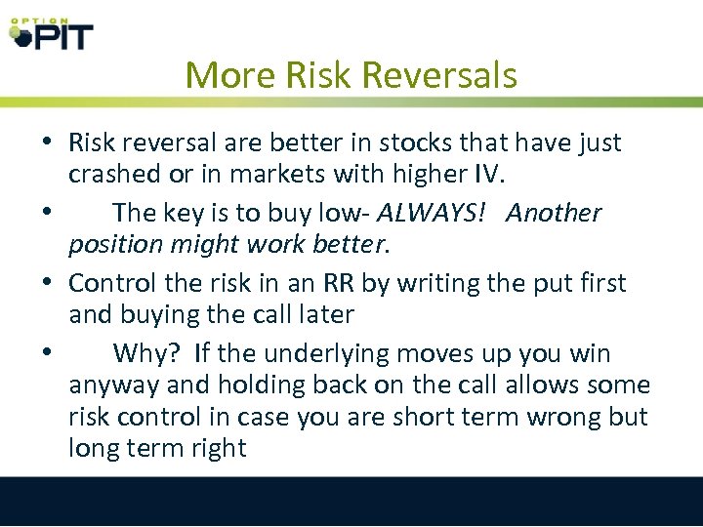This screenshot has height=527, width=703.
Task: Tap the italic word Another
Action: [x=554, y=213]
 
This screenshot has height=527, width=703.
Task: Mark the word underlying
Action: [x=322, y=353]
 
